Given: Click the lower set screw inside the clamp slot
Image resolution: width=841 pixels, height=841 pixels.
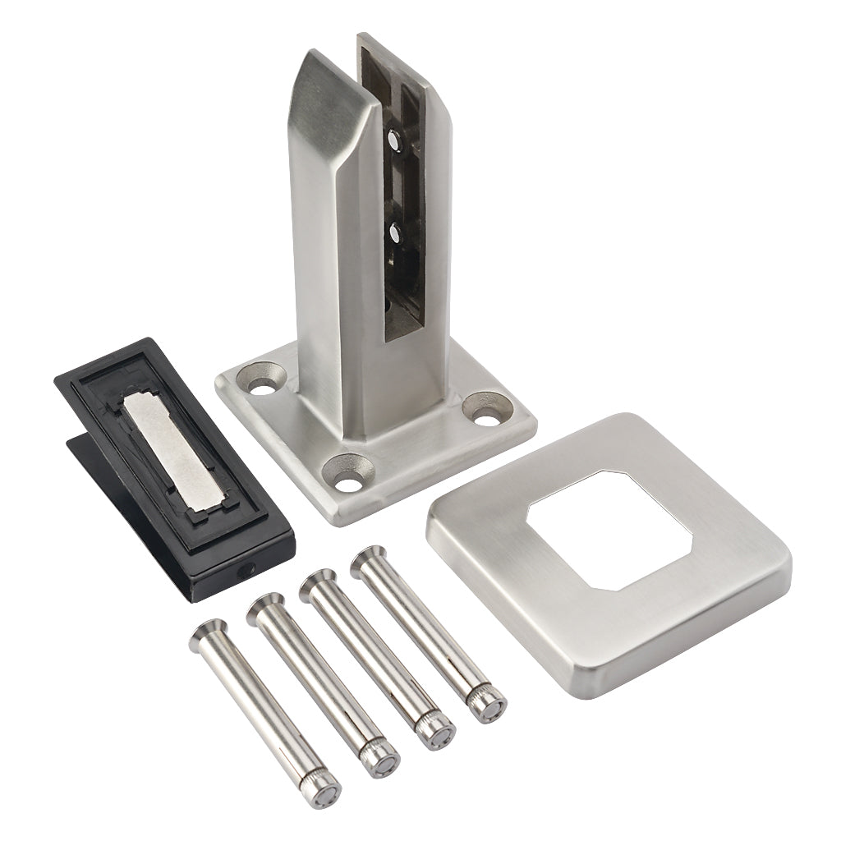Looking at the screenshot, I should pyautogui.click(x=396, y=235).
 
